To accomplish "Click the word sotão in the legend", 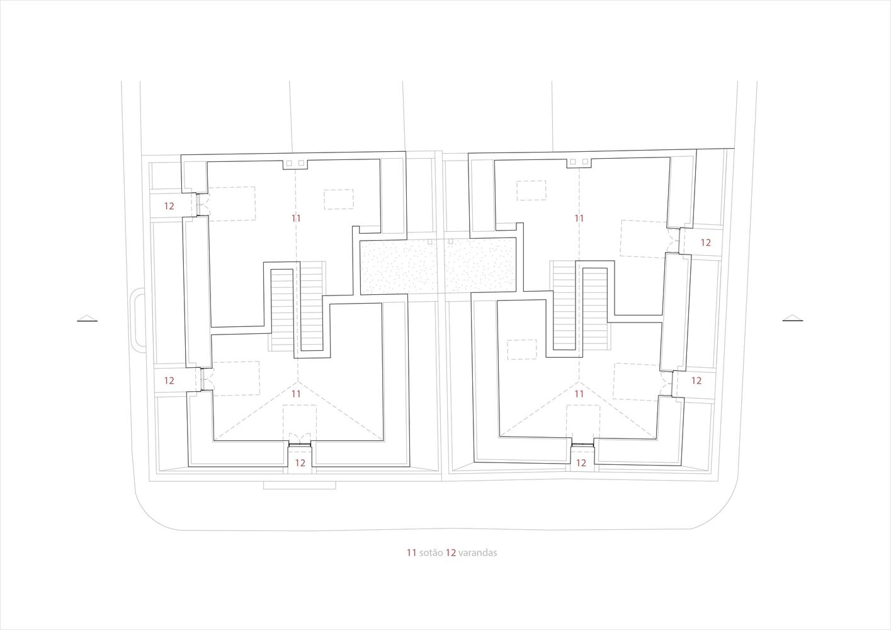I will (431, 553).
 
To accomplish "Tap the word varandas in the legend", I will (478, 553).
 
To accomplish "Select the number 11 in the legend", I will (411, 553).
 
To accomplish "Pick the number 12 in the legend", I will (451, 553).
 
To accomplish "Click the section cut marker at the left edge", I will (88, 318).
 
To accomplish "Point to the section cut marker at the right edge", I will (793, 318).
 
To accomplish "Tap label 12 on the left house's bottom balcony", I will (300, 462).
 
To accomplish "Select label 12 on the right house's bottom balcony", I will (581, 462).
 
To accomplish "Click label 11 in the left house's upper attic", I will (296, 218).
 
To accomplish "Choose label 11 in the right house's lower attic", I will (579, 393).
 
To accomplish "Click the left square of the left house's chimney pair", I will (289, 163).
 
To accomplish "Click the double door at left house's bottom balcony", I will (300, 439).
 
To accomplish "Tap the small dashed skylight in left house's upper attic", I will (339, 199).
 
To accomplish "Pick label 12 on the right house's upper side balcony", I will (705, 242).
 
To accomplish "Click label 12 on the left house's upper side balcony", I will (169, 205).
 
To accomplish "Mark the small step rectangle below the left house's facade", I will (300, 485).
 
